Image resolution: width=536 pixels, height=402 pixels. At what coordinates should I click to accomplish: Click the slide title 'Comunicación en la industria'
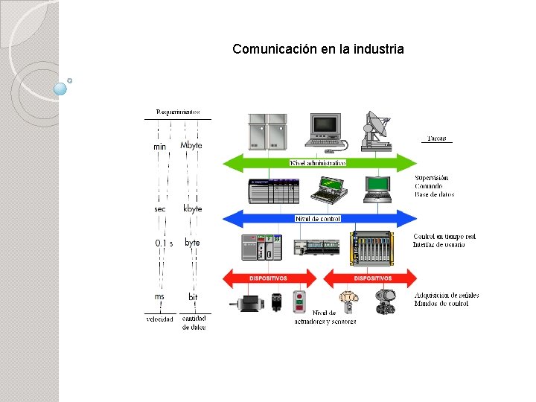click(318, 49)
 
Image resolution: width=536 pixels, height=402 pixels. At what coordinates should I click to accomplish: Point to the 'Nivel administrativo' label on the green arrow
click(318, 162)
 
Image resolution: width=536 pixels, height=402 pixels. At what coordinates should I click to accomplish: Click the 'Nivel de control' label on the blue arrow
click(318, 218)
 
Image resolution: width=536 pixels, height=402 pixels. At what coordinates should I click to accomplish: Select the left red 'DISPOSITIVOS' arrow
click(269, 278)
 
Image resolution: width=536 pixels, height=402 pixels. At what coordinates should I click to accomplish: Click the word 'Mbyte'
click(191, 146)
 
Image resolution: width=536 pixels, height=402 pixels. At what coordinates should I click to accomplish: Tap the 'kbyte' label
click(192, 209)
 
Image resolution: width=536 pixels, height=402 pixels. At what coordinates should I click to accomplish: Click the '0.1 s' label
click(164, 243)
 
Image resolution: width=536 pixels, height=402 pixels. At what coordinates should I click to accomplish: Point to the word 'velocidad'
click(159, 319)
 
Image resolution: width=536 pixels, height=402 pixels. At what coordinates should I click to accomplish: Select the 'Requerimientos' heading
click(178, 112)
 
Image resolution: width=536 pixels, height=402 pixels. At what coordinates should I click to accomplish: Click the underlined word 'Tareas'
click(437, 138)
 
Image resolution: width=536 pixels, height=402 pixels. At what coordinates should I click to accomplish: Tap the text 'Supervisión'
click(432, 178)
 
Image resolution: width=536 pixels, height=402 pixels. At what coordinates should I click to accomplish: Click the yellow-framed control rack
click(382, 246)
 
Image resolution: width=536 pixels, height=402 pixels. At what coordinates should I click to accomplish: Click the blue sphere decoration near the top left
click(61, 89)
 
